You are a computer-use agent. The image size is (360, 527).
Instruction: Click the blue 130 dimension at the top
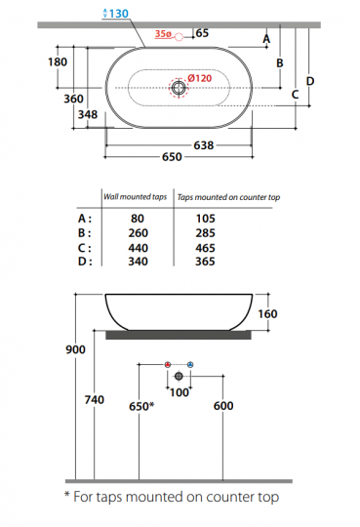click(118, 13)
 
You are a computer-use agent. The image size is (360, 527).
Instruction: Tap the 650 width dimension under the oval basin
click(172, 156)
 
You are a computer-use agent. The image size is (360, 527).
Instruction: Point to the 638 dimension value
click(204, 144)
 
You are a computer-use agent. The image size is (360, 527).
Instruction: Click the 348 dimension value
click(87, 113)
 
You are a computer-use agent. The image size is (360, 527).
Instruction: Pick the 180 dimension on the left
click(58, 61)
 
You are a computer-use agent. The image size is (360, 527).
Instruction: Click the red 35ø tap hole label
click(164, 34)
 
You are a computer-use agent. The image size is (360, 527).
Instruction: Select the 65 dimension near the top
click(201, 33)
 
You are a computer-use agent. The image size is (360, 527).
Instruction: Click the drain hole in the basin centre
click(179, 89)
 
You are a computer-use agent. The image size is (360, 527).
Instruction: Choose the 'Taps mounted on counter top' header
click(229, 197)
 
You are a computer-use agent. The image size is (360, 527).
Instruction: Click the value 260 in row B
click(138, 233)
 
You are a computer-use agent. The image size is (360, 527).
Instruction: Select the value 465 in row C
click(232, 248)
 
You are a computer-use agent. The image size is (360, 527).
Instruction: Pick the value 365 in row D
click(232, 261)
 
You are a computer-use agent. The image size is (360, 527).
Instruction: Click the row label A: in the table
click(85, 220)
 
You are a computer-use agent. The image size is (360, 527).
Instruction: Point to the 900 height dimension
click(75, 349)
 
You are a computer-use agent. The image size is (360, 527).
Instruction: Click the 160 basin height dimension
click(269, 314)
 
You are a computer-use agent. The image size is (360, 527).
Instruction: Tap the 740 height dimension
click(96, 400)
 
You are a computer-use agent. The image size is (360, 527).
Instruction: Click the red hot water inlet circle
click(168, 364)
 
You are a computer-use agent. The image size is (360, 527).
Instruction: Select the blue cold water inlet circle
click(190, 364)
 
